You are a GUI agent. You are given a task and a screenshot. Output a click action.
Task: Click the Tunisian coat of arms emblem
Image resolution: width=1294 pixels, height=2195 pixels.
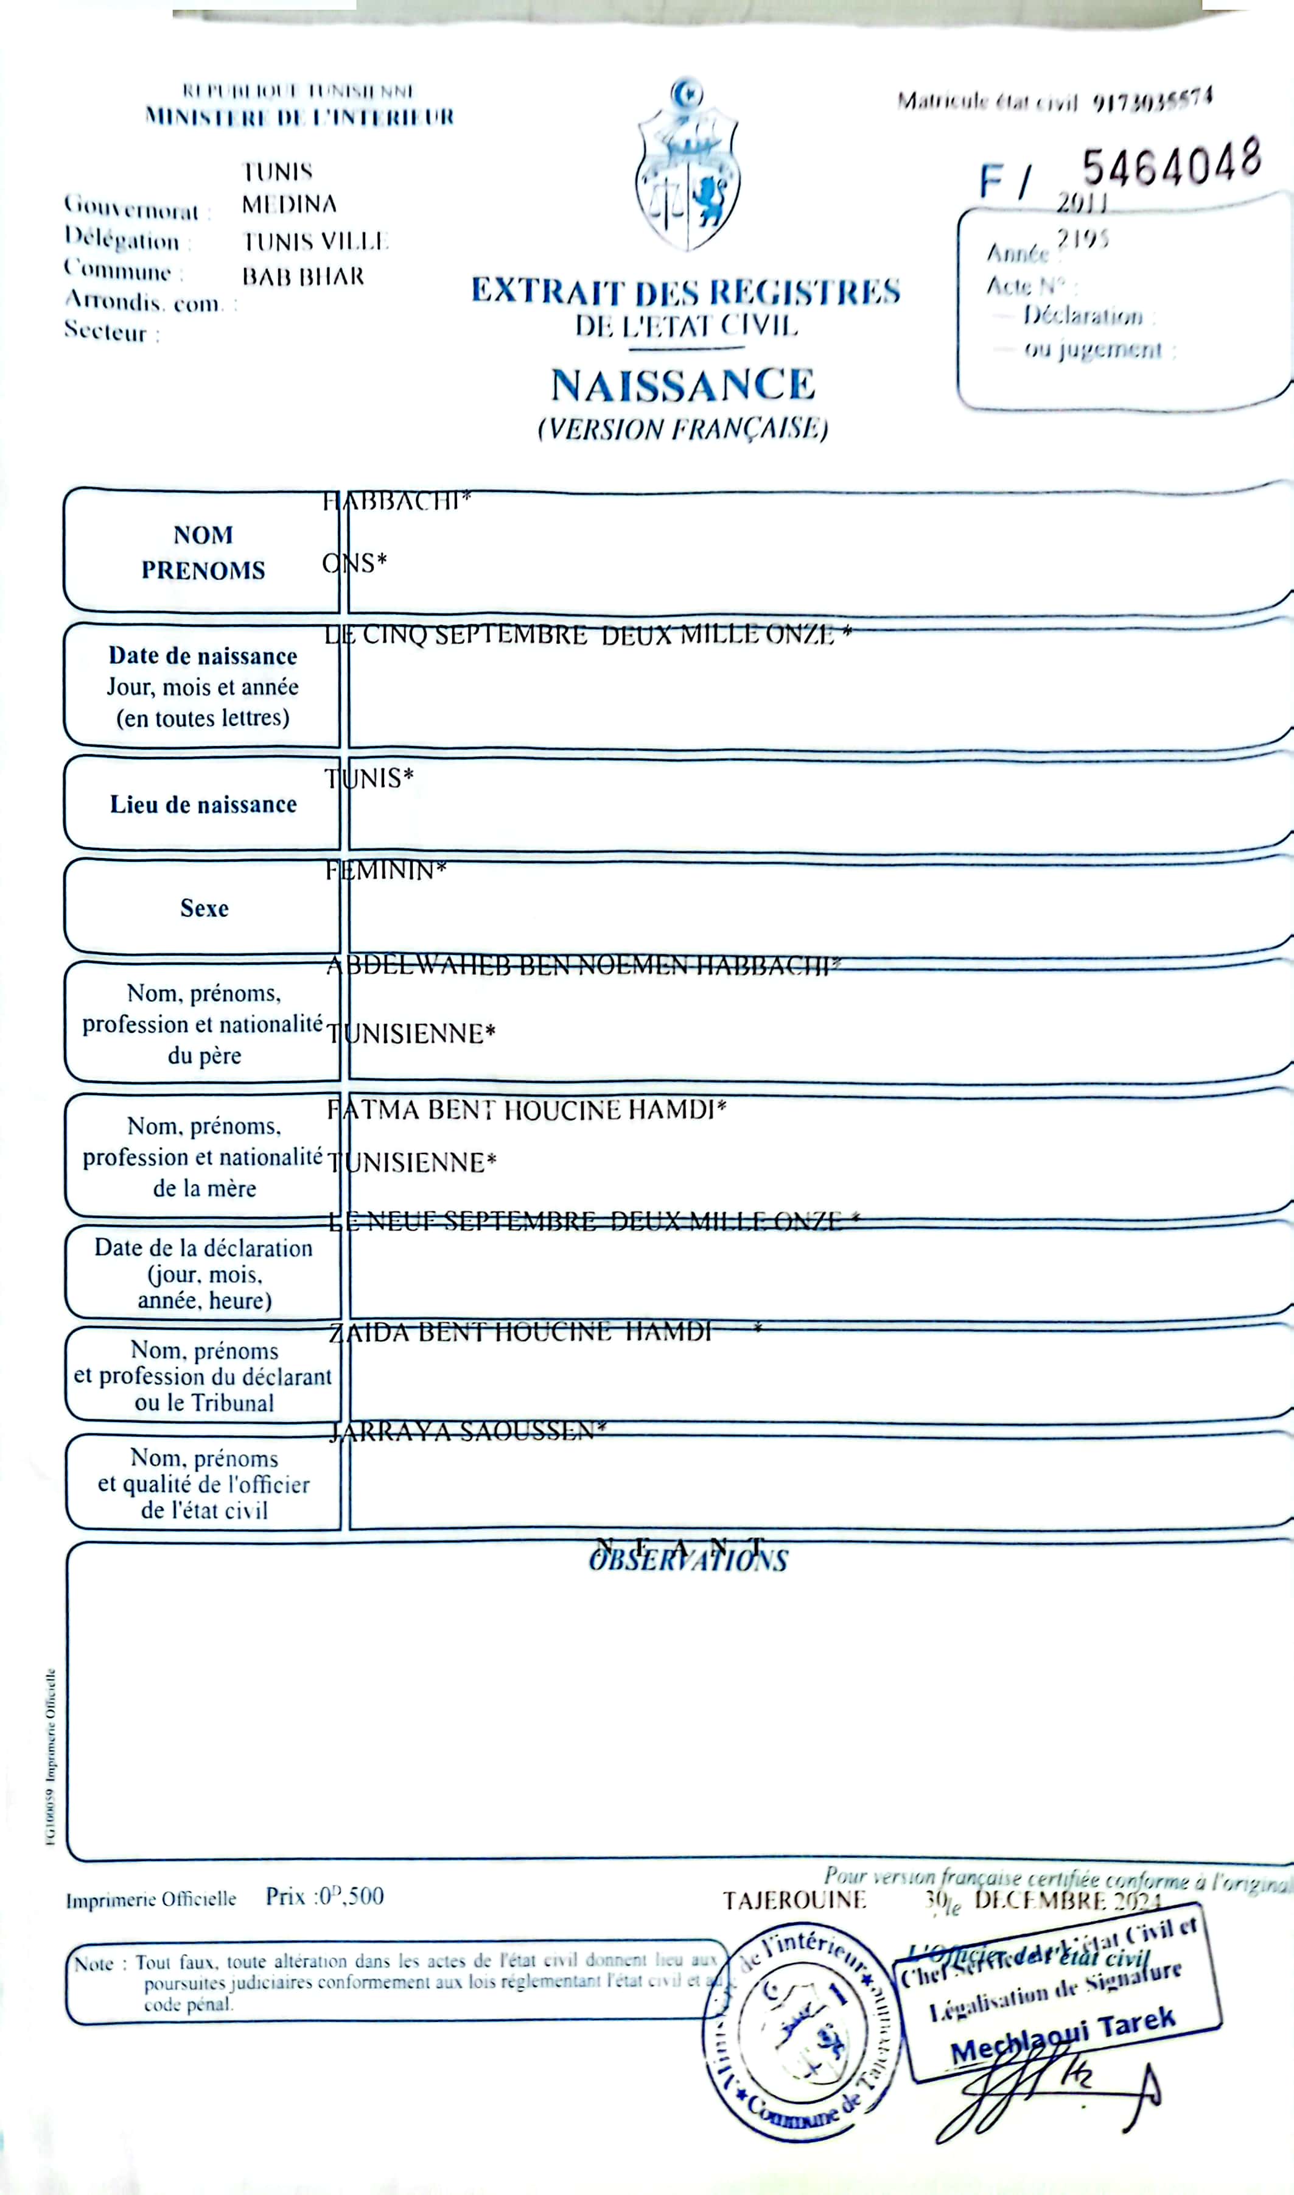click(687, 166)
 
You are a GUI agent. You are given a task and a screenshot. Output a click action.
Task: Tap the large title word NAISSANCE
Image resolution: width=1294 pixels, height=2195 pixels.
click(683, 386)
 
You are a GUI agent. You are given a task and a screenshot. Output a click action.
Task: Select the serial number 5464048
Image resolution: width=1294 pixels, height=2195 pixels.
click(1171, 164)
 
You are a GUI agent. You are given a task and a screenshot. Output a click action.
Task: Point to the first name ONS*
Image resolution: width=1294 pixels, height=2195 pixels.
click(354, 563)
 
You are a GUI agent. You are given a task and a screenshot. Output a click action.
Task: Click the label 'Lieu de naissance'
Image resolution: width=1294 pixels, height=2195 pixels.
click(203, 805)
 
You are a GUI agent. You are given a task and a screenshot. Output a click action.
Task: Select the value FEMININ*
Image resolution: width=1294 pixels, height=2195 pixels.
click(385, 871)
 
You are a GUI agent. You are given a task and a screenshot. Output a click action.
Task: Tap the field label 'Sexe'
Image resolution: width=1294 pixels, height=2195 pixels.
click(204, 908)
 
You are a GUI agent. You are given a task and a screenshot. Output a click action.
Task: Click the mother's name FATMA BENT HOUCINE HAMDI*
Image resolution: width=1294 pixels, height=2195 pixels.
click(526, 1110)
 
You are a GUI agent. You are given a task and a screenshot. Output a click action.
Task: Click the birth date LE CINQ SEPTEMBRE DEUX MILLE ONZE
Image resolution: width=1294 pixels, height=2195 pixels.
click(587, 635)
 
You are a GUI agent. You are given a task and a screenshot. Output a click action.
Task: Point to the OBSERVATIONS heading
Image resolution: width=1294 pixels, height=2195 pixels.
click(688, 1560)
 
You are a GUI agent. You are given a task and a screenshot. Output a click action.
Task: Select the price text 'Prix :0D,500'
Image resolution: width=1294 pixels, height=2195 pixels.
click(324, 1896)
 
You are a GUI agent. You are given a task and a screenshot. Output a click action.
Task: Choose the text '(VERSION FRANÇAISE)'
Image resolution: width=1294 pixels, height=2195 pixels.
click(683, 429)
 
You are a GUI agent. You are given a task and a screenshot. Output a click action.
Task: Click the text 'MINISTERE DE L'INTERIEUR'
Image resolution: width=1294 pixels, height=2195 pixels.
click(299, 116)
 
